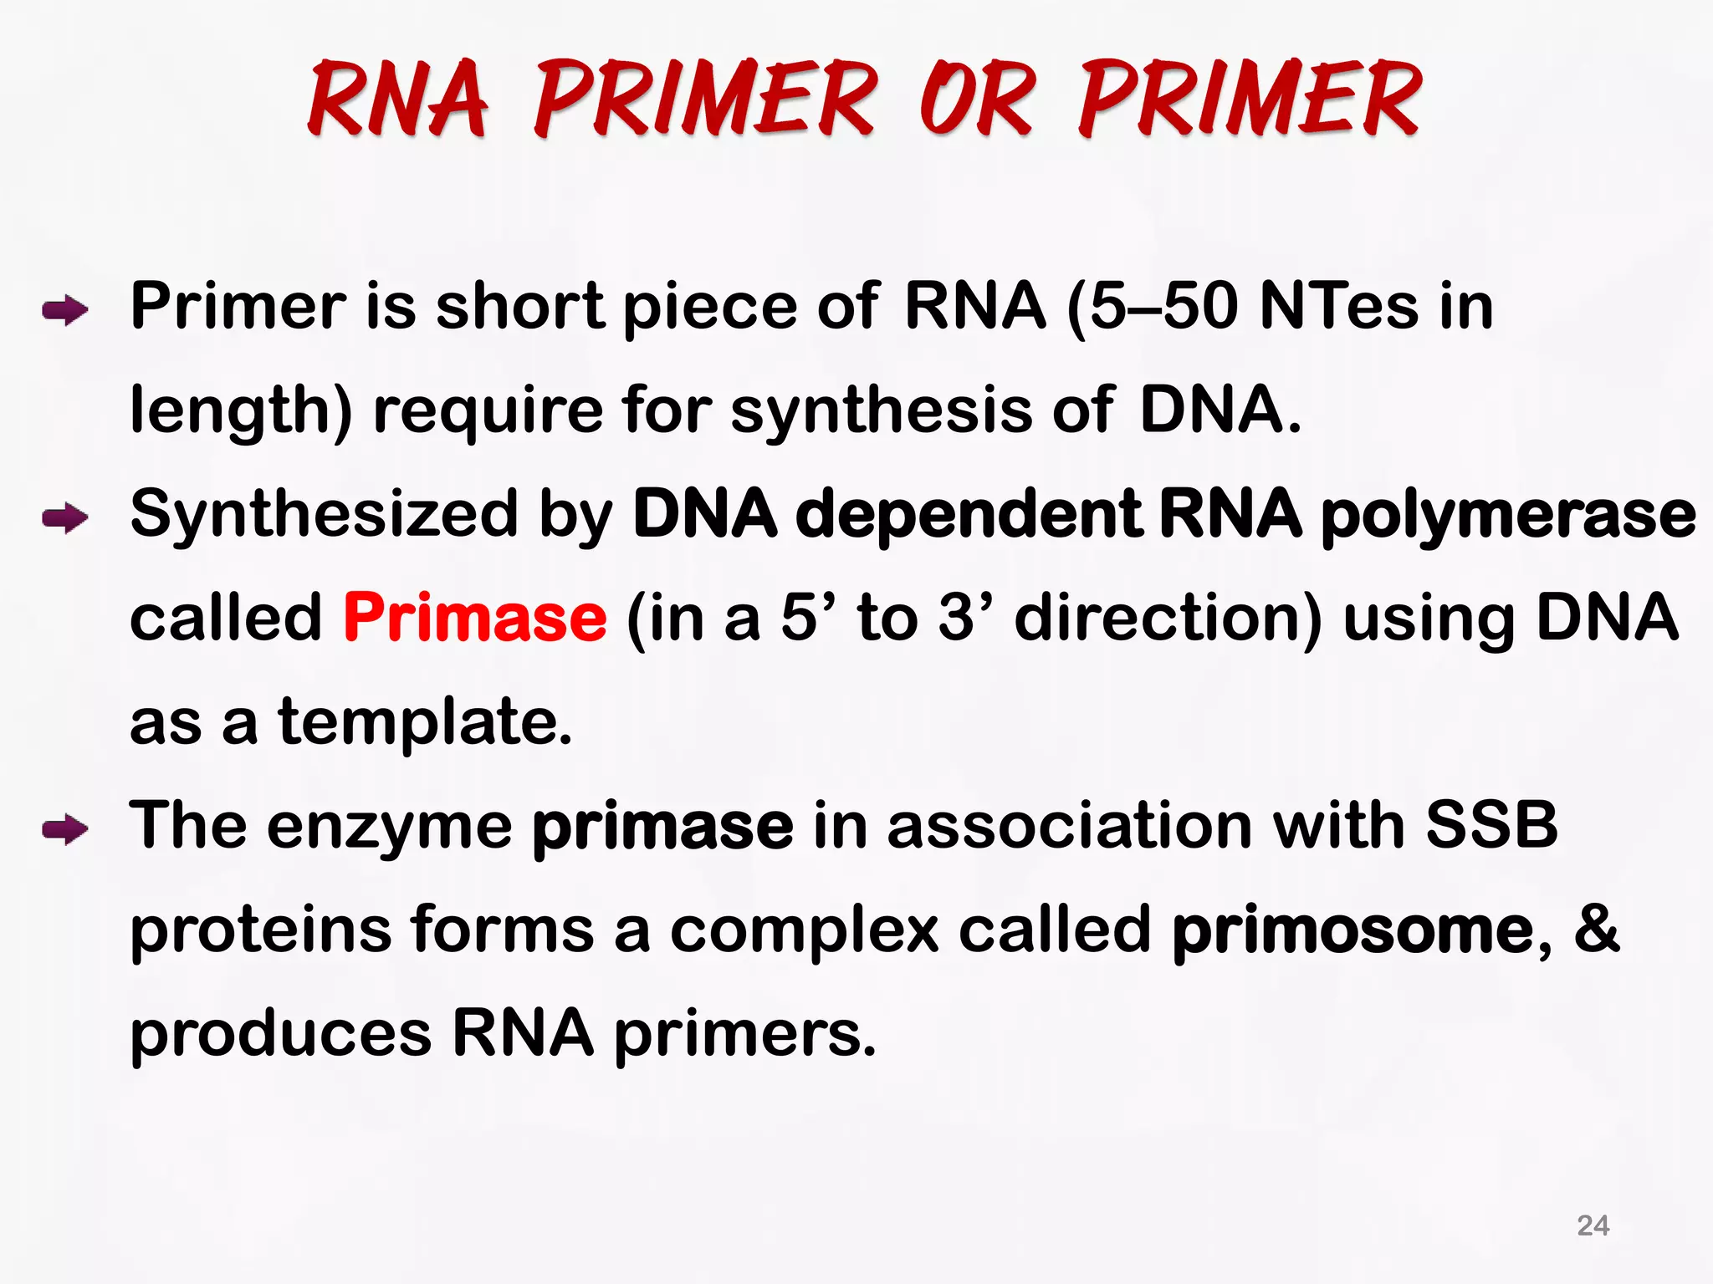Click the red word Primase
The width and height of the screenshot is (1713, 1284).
pyautogui.click(x=475, y=617)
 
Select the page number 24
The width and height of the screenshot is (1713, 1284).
pyautogui.click(x=1593, y=1225)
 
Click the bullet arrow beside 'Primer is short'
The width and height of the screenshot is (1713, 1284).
pyautogui.click(x=65, y=312)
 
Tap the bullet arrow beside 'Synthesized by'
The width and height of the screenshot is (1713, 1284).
pyautogui.click(x=65, y=518)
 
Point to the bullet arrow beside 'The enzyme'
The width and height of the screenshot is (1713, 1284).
pyautogui.click(x=65, y=830)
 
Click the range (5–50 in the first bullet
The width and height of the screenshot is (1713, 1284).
pyautogui.click(x=1153, y=307)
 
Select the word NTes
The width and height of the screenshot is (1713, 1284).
pyautogui.click(x=1338, y=307)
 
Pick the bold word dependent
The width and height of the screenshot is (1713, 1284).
pyautogui.click(x=969, y=515)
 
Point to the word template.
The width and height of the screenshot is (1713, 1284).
pyautogui.click(x=425, y=722)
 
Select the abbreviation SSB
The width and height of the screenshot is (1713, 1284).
pyautogui.click(x=1491, y=826)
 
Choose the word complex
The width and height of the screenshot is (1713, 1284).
pyautogui.click(x=804, y=930)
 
